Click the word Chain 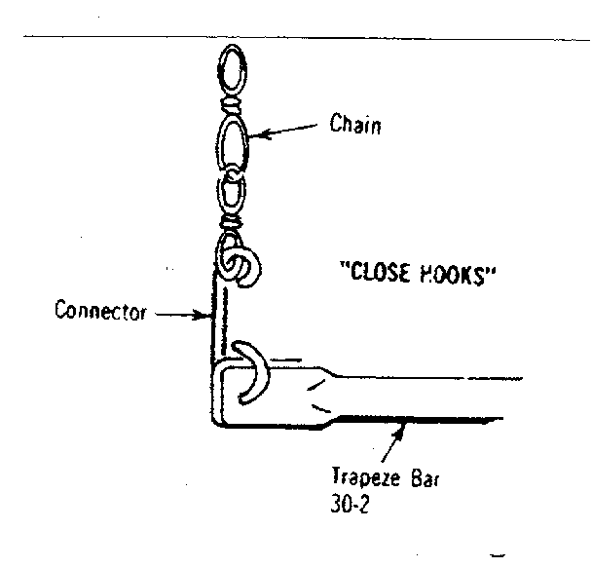(x=355, y=124)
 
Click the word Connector (x=100, y=311)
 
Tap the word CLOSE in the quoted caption (x=379, y=272)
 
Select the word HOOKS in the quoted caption (x=453, y=274)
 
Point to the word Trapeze (x=366, y=477)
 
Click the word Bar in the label (x=425, y=477)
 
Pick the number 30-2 (x=350, y=504)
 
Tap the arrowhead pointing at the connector (x=201, y=315)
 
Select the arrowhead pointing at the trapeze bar (x=400, y=431)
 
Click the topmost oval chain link (x=232, y=70)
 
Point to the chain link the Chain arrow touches (x=233, y=143)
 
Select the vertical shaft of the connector (x=219, y=318)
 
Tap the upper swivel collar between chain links (x=232, y=104)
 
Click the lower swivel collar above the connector (x=231, y=222)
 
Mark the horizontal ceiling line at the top (x=307, y=37)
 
